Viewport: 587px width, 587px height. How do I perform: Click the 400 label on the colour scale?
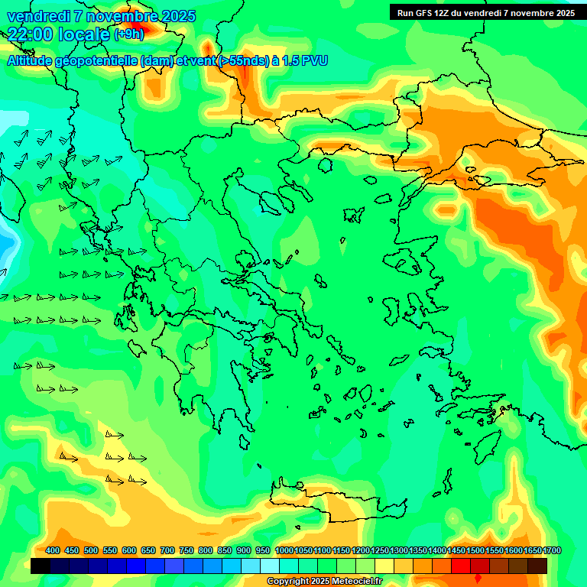click(x=53, y=550)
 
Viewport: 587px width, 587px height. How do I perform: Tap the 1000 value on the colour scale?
click(x=284, y=550)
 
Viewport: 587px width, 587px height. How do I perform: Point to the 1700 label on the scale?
click(x=552, y=550)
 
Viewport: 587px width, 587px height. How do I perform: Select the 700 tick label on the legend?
click(x=167, y=550)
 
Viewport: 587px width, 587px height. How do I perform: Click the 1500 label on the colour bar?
click(x=475, y=550)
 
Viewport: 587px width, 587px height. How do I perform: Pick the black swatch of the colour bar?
click(x=41, y=566)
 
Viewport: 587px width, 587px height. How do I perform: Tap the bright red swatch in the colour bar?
click(x=461, y=566)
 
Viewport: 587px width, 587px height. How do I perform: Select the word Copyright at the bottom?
click(x=288, y=582)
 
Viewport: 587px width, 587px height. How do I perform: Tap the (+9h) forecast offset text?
click(x=128, y=34)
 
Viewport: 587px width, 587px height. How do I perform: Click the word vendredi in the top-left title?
click(x=39, y=15)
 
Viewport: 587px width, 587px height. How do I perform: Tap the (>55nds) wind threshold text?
click(x=238, y=60)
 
